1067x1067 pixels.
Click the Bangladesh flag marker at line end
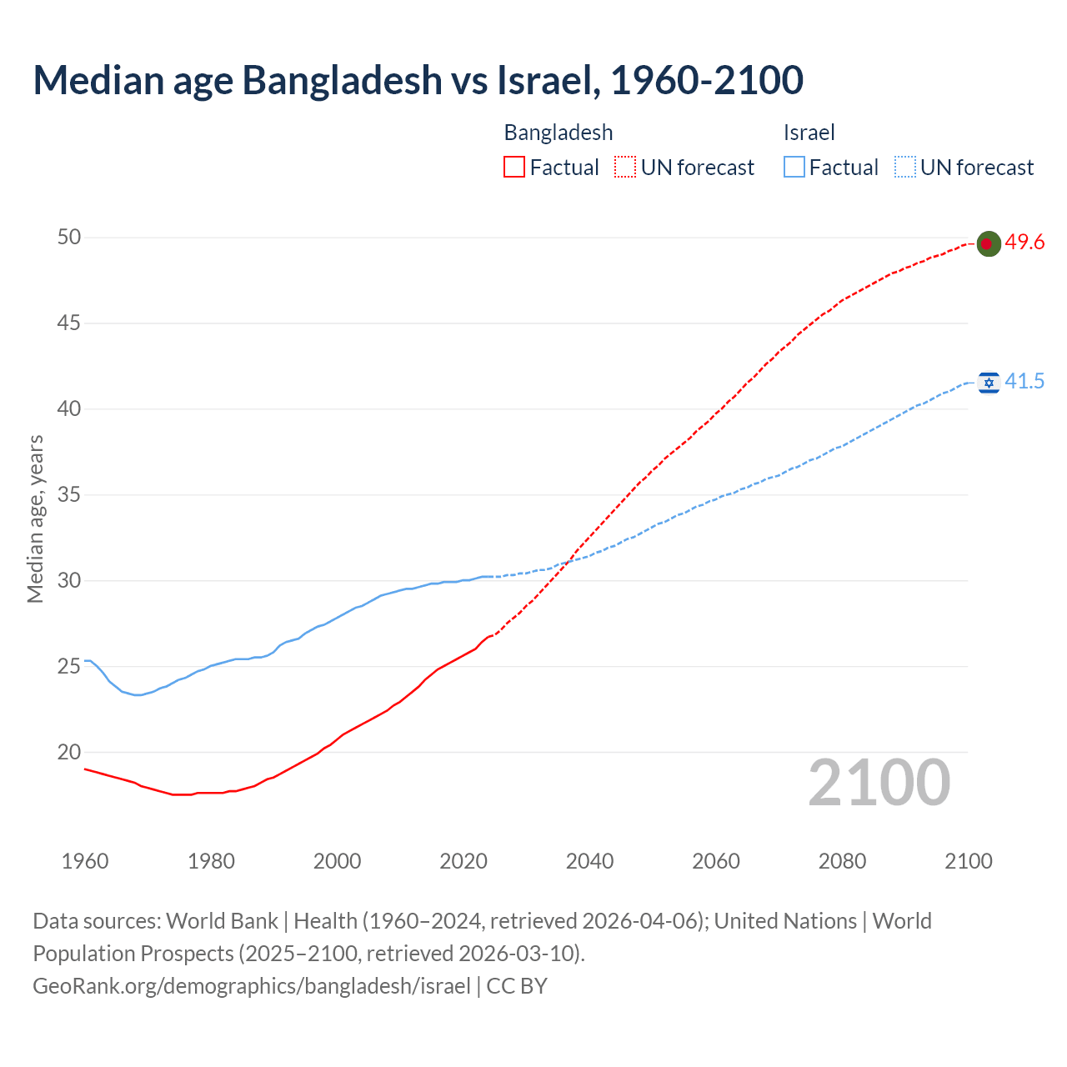pos(988,243)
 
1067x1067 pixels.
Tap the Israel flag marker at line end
pos(989,383)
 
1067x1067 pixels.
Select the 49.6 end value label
pos(1024,243)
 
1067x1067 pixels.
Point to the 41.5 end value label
pos(1024,382)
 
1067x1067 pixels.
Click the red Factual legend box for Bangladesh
pos(514,168)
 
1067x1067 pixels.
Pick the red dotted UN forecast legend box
pos(625,168)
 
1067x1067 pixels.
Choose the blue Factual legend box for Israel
pos(794,168)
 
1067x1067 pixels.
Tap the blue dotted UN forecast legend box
pos(904,168)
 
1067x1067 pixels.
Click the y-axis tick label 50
pos(69,238)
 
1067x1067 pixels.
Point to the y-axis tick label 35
pos(69,495)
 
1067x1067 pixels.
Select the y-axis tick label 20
pos(69,752)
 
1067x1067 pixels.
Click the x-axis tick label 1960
pos(85,861)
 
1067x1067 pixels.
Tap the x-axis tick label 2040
pos(589,861)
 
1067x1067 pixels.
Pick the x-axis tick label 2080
pos(842,861)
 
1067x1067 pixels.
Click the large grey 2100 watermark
pos(879,783)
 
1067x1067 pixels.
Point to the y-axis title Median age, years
pos(35,518)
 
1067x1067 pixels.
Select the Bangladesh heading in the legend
pos(559,133)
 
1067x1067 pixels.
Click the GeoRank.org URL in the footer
pos(252,986)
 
